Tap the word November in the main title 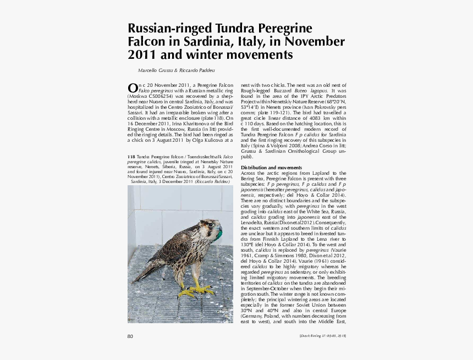pos(316,42)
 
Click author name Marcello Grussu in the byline pos(156,70)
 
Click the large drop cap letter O pos(132,88)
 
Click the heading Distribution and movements pos(271,167)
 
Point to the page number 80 pos(130,336)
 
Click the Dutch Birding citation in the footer pos(322,336)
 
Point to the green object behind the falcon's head pos(219,235)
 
